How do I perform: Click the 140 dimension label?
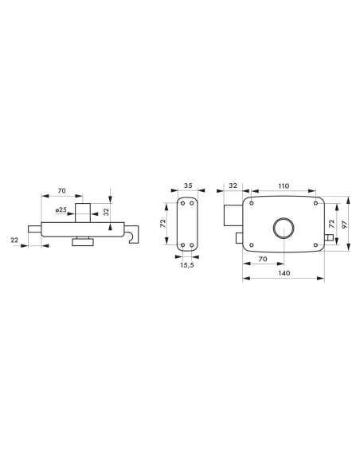[x=284, y=272]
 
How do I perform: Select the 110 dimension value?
[x=284, y=185]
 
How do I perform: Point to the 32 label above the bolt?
[x=232, y=185]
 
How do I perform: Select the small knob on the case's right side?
[x=329, y=238]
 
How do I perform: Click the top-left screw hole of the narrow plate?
[x=183, y=203]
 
